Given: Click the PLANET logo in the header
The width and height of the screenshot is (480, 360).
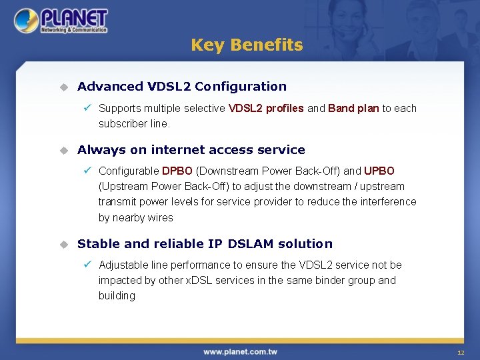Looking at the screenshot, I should click(61, 21).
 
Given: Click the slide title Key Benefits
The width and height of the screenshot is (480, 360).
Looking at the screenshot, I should click(247, 45).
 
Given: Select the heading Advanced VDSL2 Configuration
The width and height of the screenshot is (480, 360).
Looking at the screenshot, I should click(181, 86).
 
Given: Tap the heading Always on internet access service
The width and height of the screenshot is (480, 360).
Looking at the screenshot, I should click(191, 150).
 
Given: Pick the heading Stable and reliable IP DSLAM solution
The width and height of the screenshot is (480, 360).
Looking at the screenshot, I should click(205, 244).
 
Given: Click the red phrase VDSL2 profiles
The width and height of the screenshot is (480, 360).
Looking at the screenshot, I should click(266, 108).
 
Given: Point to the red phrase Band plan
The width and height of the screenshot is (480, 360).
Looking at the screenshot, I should click(353, 108).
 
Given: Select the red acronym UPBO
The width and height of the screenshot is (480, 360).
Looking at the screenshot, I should click(379, 171).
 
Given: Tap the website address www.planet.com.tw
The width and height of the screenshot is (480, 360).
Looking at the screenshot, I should click(240, 351).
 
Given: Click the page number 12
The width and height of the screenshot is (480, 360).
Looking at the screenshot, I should click(461, 352).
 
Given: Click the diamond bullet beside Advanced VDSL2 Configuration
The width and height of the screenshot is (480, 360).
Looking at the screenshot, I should click(63, 87).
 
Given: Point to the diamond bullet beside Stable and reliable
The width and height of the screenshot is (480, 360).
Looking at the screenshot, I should click(63, 244).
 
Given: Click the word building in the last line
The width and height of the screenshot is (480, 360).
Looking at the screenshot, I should click(117, 296).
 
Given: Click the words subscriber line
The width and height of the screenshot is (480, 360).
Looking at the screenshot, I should click(134, 124).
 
